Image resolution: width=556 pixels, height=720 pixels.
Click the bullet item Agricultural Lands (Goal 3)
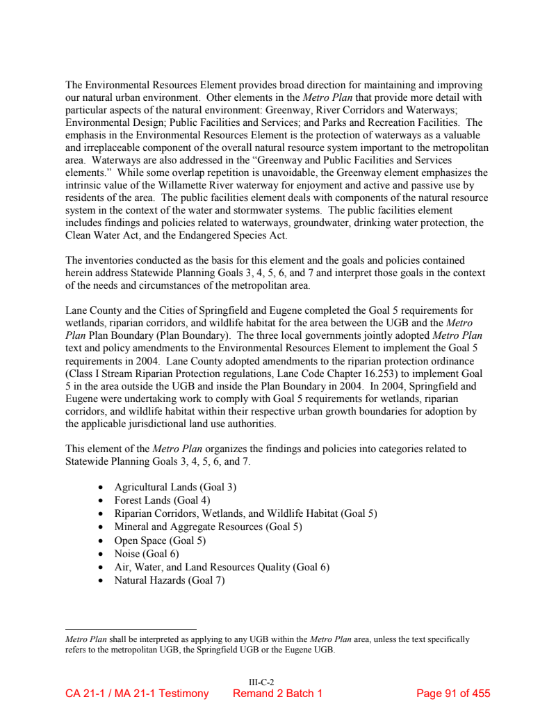(175, 488)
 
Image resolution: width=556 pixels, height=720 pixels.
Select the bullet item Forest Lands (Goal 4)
(162, 501)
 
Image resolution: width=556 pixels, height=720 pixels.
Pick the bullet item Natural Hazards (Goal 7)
(169, 580)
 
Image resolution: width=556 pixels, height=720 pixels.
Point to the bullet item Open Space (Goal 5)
(160, 541)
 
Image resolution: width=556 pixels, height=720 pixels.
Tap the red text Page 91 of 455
(452, 694)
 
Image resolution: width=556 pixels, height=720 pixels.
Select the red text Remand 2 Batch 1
(277, 694)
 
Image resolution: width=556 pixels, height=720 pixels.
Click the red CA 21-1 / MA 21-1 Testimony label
(137, 694)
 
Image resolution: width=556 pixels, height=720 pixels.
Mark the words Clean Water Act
(99, 236)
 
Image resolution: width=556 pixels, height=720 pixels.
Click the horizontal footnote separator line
(131, 629)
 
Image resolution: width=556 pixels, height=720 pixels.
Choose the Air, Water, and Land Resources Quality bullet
(221, 567)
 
